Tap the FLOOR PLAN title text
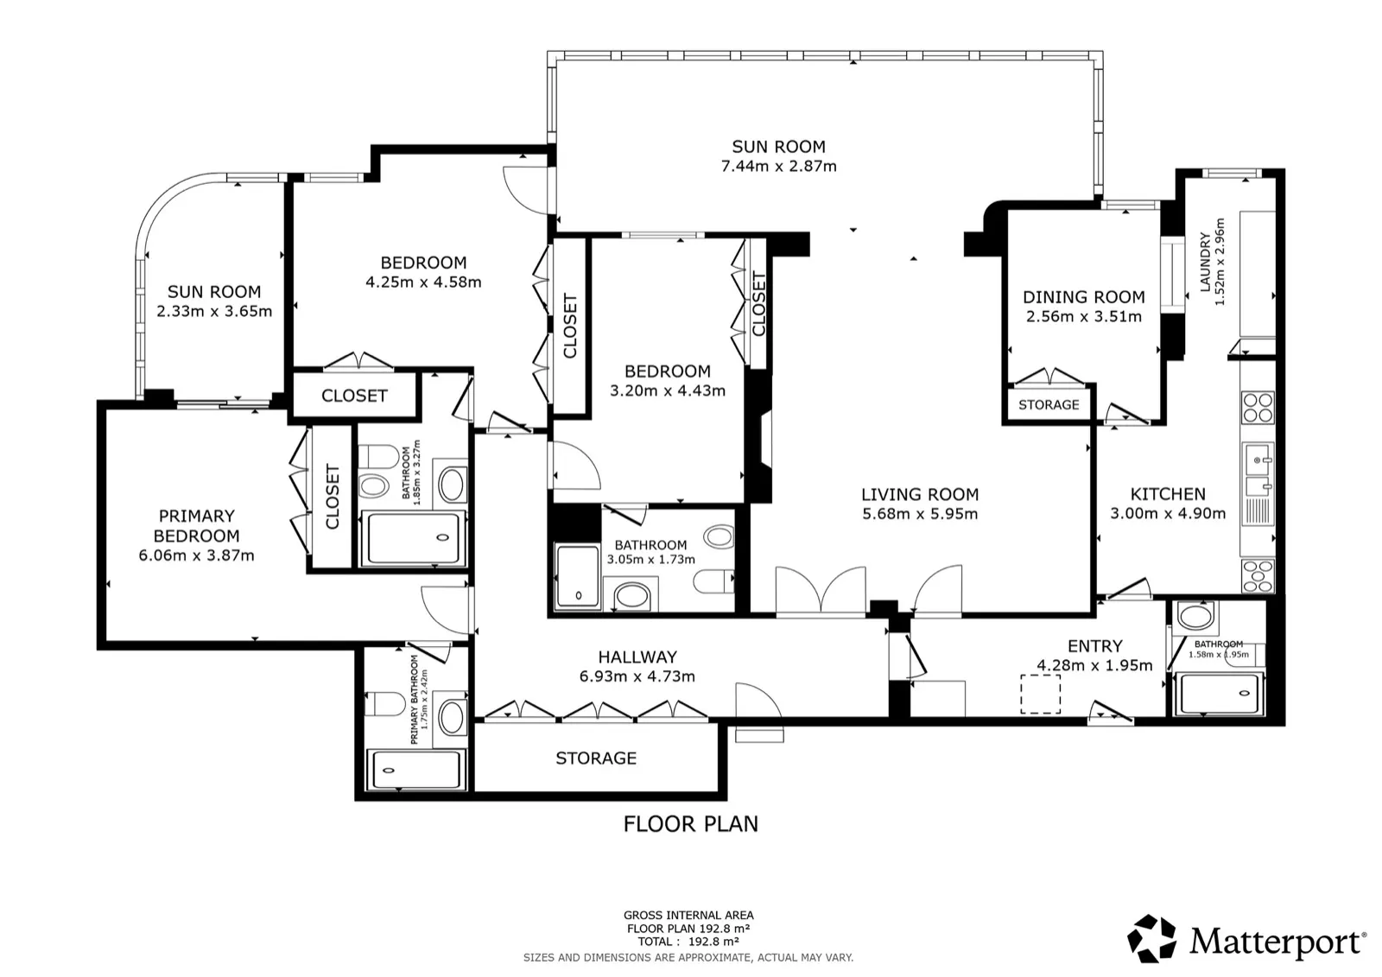pyautogui.click(x=690, y=824)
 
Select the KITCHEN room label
pyautogui.click(x=1168, y=494)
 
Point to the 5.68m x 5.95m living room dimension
pyautogui.click(x=920, y=513)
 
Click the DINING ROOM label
pyautogui.click(x=1084, y=297)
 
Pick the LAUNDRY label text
pyautogui.click(x=1205, y=262)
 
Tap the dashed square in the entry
pyautogui.click(x=1040, y=695)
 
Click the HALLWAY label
pyautogui.click(x=637, y=657)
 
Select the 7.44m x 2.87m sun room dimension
pyautogui.click(x=778, y=166)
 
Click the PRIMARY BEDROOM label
pyautogui.click(x=196, y=526)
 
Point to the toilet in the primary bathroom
pyautogui.click(x=381, y=703)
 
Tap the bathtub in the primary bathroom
pyautogui.click(x=415, y=770)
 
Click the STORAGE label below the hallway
pyautogui.click(x=596, y=758)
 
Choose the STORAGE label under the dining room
pyautogui.click(x=1049, y=405)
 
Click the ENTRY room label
pyautogui.click(x=1095, y=645)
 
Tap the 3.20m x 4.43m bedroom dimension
pyautogui.click(x=668, y=390)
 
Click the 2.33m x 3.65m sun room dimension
pyautogui.click(x=214, y=311)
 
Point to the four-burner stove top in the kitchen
pyautogui.click(x=1258, y=408)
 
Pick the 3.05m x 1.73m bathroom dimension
pyautogui.click(x=651, y=560)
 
